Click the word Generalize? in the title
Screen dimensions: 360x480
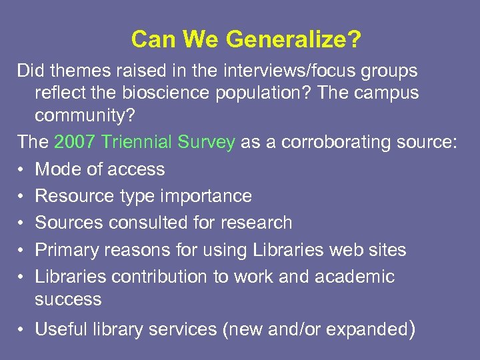tap(293, 39)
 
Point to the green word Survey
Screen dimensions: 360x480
tap(211, 142)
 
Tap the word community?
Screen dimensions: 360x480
tap(85, 115)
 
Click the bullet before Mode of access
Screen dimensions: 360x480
tap(21, 169)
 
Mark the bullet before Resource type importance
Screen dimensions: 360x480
tap(21, 196)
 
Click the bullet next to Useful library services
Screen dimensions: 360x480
tap(21, 329)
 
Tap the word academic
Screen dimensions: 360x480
tap(357, 276)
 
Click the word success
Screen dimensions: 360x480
tap(68, 299)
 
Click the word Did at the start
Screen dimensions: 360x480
tap(30, 70)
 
